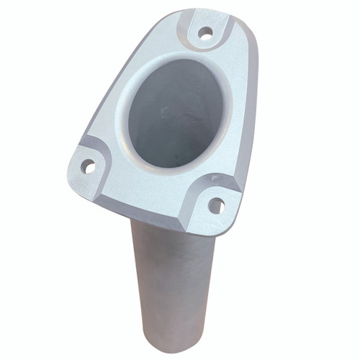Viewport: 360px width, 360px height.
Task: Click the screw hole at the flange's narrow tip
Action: coord(205,32)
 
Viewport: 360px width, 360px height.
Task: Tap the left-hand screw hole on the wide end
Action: coord(88,167)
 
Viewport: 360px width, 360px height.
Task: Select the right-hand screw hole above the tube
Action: coord(216,206)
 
